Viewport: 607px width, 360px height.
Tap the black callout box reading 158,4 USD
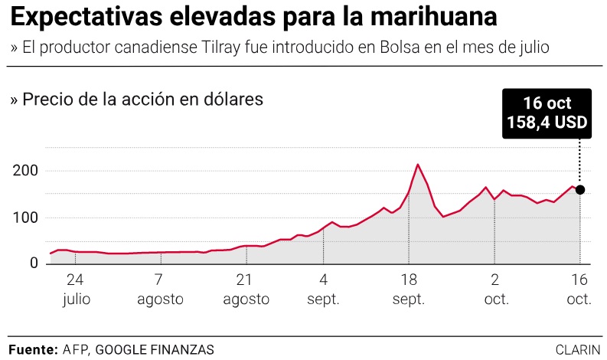click(547, 113)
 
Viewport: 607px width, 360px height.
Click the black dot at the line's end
click(580, 190)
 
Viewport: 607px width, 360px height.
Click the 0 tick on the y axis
click(33, 263)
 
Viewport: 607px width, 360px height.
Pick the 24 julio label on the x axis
click(75, 288)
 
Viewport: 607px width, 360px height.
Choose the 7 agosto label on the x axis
click(160, 288)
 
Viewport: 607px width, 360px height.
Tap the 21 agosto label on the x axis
click(246, 288)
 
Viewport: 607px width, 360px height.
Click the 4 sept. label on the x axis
click(323, 288)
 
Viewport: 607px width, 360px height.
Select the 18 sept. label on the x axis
click(408, 288)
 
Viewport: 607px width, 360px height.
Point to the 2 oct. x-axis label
click(495, 288)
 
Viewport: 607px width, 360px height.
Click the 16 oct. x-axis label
click(579, 288)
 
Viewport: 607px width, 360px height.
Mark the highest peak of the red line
click(418, 165)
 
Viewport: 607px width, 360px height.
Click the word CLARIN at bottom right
click(578, 349)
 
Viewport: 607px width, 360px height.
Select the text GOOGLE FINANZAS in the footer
click(155, 349)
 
